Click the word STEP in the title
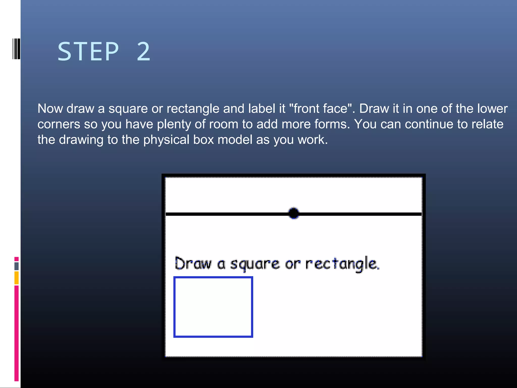[88, 52]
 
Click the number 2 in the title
[144, 52]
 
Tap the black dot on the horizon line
[294, 213]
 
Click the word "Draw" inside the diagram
[193, 264]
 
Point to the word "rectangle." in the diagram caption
[342, 264]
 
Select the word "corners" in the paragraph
[59, 124]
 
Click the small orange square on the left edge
[16, 278]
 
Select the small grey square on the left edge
[16, 266]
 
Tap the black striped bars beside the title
[16, 49]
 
